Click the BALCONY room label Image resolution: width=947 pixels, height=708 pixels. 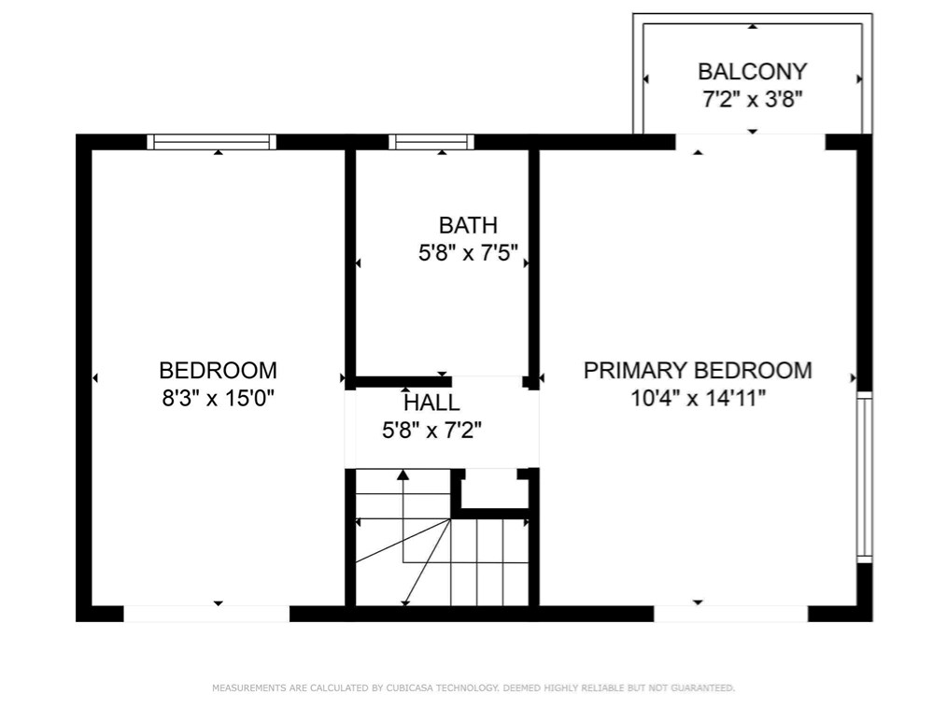coord(752,71)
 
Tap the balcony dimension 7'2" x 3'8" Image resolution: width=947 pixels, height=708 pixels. coord(752,98)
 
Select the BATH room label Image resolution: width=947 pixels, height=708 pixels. coord(468,225)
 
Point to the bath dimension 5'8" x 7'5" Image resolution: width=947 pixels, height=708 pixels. coord(468,252)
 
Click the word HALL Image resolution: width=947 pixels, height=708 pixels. coord(431,403)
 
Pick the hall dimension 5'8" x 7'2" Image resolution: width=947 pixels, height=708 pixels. coord(431,430)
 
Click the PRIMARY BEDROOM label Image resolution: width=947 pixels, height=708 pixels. coord(698,370)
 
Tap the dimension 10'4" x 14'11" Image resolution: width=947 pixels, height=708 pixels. coord(699,398)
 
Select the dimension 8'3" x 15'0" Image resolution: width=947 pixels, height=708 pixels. coord(218,398)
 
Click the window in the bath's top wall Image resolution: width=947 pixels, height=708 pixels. coord(431,142)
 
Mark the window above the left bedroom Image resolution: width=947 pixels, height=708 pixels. coord(211,142)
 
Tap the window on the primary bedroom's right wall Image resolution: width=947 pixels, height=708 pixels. coord(865,477)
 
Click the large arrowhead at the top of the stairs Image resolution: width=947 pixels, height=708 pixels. coord(403,474)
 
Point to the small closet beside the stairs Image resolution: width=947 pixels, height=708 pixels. coord(491,489)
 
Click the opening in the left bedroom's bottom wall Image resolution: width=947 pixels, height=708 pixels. coord(206,614)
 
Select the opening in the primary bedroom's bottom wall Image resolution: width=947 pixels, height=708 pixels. coord(730,614)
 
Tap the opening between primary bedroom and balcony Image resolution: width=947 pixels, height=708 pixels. coord(750,142)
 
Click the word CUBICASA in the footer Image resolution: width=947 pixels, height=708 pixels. coord(409,687)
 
